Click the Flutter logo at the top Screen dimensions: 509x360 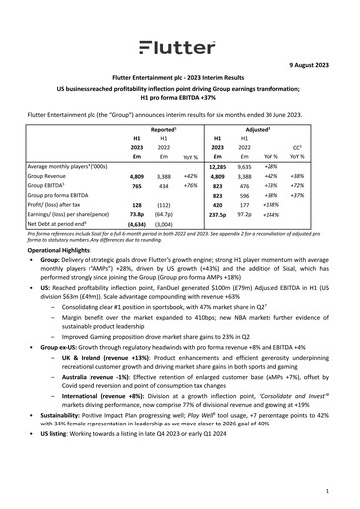[179, 47]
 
